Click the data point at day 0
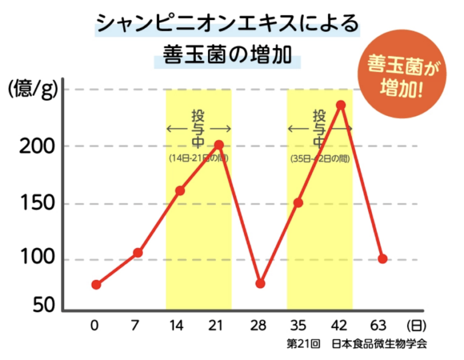tap(96, 284)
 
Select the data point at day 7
tap(137, 253)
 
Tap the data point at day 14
tap(180, 190)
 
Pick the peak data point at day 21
tap(219, 144)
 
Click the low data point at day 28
tap(261, 283)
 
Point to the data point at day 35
tap(298, 202)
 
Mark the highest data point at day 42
tap(341, 105)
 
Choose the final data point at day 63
tap(383, 259)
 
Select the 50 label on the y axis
tap(41, 306)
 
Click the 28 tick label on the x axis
tap(258, 326)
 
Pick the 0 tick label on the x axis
tap(95, 326)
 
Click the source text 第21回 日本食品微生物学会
tap(357, 345)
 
